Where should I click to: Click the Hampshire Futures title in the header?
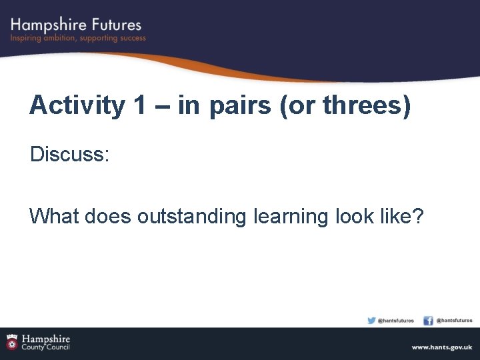coord(76,25)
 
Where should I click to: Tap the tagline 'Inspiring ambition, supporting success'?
coord(78,39)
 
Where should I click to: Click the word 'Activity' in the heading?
coord(77,105)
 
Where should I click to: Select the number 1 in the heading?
coord(140,105)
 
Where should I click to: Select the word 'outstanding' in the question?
coord(192,217)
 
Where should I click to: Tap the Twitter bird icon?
coord(371,320)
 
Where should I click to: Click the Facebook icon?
coord(428,320)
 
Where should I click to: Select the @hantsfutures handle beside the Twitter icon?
coord(396,321)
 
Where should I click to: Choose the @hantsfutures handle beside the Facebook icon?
coord(454,321)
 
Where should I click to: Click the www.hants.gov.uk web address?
coord(441,347)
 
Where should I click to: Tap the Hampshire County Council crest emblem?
coord(12,342)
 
